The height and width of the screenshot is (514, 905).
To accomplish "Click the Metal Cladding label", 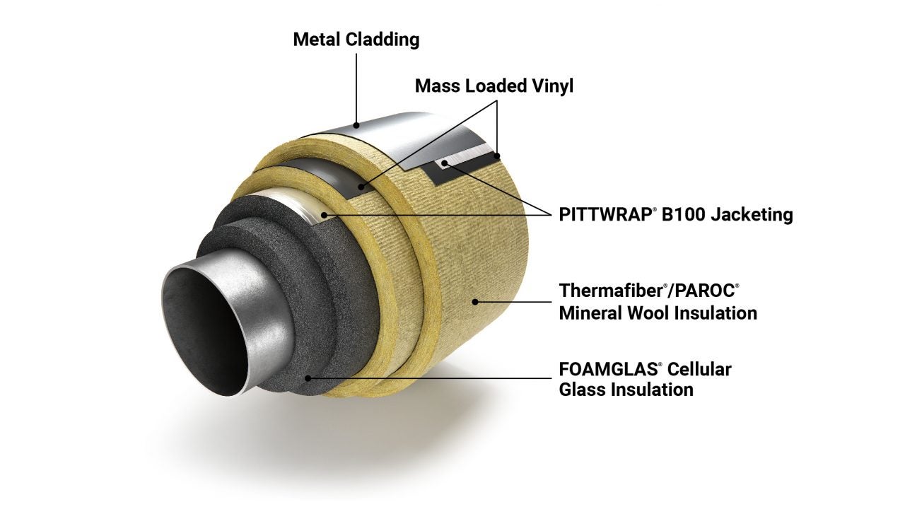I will pyautogui.click(x=356, y=40).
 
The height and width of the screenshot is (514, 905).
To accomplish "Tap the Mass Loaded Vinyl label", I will pyautogui.click(x=494, y=86).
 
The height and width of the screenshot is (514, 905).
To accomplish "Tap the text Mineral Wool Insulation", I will pyautogui.click(x=658, y=312).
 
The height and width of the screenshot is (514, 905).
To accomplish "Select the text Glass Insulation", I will pyautogui.click(x=626, y=389).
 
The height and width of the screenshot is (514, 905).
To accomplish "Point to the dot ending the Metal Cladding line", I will pyautogui.click(x=358, y=125).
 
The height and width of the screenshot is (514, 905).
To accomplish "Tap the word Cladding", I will pyautogui.click(x=382, y=40).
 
